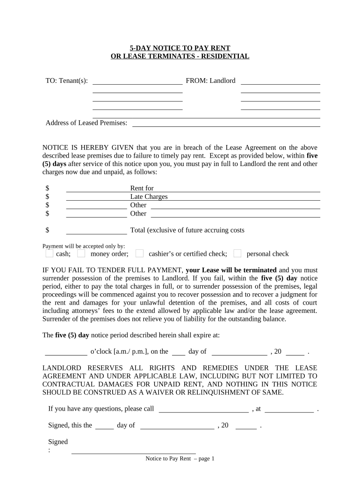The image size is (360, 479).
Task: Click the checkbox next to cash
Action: (x=50, y=254)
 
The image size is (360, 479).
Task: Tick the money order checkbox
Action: (x=81, y=254)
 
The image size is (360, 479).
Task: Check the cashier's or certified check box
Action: (x=139, y=254)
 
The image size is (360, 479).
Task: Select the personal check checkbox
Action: (x=238, y=254)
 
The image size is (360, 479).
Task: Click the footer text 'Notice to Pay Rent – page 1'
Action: (x=180, y=459)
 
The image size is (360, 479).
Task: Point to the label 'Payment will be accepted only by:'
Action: (x=80, y=246)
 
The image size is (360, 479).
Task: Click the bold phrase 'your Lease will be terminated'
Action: (x=231, y=270)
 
